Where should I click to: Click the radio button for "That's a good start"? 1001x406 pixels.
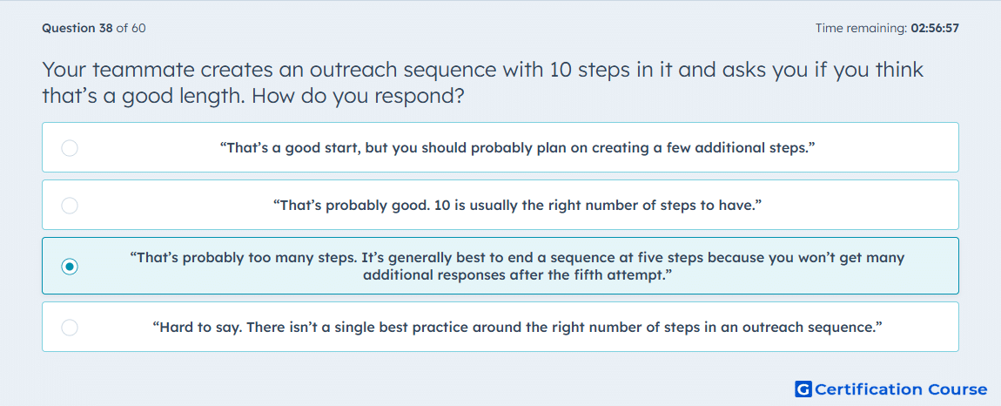(x=70, y=148)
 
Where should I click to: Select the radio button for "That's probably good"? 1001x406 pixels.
(x=70, y=206)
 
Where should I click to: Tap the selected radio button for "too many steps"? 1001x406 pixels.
(x=70, y=266)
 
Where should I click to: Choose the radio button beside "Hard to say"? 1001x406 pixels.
(x=70, y=328)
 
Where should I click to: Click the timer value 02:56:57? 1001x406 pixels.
(x=935, y=28)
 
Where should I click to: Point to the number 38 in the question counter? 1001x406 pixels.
(x=105, y=28)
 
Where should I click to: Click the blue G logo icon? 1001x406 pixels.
(x=803, y=389)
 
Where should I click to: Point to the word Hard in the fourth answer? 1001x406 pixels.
(x=172, y=328)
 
